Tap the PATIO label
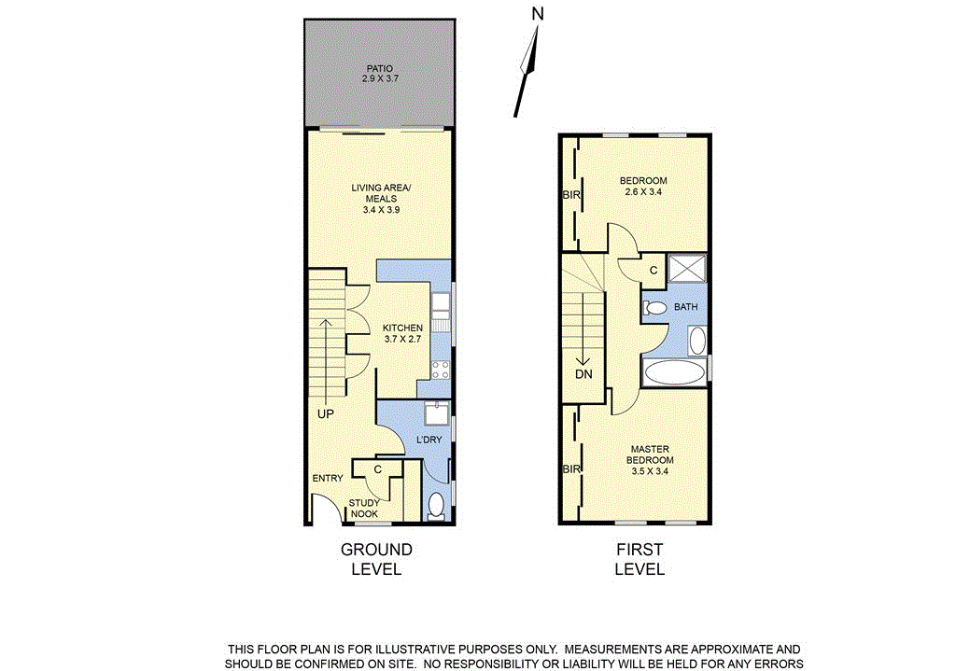pyautogui.click(x=379, y=68)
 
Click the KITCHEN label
pyautogui.click(x=403, y=328)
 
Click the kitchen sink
pyautogui.click(x=441, y=302)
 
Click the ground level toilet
pyautogui.click(x=435, y=506)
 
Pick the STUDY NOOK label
pyautogui.click(x=364, y=509)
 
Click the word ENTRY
pyautogui.click(x=328, y=479)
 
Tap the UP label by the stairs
pyautogui.click(x=325, y=413)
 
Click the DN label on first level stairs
pyautogui.click(x=583, y=373)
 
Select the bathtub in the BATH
pyautogui.click(x=675, y=373)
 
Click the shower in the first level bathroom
pyautogui.click(x=690, y=268)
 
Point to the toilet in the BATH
pyautogui.click(x=655, y=307)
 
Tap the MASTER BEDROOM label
pyautogui.click(x=650, y=454)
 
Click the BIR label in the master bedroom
pyautogui.click(x=570, y=469)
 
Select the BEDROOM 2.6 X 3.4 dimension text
pyautogui.click(x=643, y=193)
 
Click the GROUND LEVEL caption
pyautogui.click(x=376, y=559)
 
